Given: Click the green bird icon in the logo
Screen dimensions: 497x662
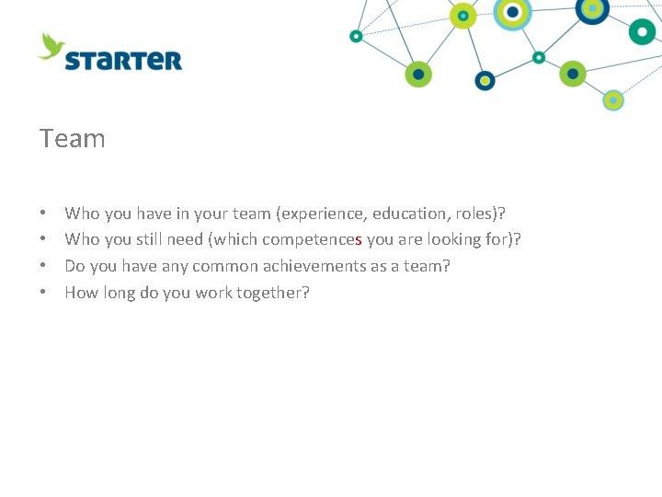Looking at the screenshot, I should click(51, 45).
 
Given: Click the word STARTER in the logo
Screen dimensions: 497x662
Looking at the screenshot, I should click(123, 61).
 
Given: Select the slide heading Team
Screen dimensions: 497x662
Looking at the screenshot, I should click(73, 139).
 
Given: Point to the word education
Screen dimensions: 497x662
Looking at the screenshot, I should click(409, 214).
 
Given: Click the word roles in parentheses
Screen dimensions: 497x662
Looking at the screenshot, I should click(475, 214).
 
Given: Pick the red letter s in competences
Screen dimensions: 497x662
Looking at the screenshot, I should click(358, 240).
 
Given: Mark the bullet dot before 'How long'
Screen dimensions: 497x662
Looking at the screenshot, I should click(44, 293).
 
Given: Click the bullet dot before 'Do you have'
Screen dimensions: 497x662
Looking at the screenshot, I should click(44, 266).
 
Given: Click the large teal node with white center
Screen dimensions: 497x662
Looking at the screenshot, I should click(642, 31).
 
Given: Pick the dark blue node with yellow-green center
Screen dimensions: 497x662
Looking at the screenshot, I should click(485, 81).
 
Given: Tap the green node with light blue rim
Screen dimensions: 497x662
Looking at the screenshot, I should click(613, 100).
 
